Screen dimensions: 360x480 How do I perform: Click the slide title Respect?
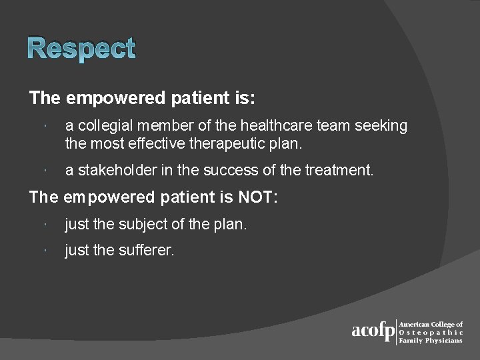click(82, 49)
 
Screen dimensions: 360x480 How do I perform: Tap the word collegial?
click(100, 126)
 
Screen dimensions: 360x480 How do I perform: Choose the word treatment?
click(339, 171)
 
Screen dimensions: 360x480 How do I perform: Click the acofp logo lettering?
click(373, 331)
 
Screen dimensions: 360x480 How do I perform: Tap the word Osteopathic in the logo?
click(431, 332)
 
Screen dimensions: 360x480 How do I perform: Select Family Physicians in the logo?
click(431, 340)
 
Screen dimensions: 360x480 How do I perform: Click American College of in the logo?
click(431, 324)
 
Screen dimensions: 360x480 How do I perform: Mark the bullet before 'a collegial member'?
click(42, 127)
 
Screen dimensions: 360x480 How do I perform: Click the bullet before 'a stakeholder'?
click(42, 171)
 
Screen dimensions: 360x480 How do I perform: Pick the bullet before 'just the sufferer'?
click(42, 252)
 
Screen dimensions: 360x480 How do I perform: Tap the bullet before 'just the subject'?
click(42, 225)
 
